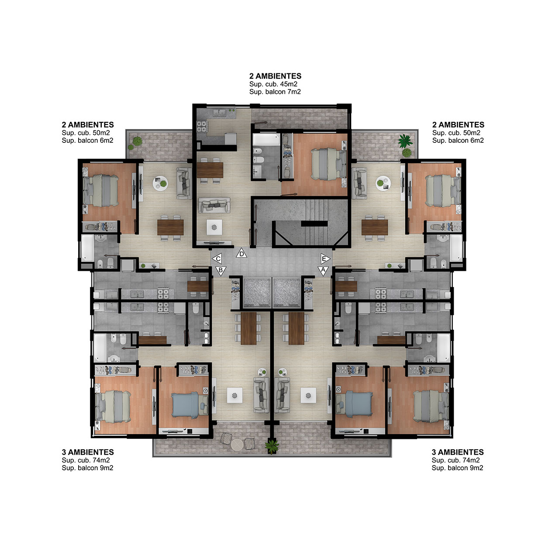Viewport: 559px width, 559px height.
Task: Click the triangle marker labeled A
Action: tap(323, 270)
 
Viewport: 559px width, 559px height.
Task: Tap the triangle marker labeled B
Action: tap(221, 270)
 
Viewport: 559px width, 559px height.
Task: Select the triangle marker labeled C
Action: tap(217, 258)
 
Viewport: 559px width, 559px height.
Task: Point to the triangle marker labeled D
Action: tap(242, 253)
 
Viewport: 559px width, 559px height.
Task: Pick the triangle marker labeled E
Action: tap(325, 258)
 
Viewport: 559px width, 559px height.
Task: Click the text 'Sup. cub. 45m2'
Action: tap(273, 84)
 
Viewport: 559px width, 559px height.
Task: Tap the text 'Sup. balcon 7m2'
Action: tap(275, 92)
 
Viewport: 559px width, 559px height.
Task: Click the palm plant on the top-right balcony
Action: tap(405, 141)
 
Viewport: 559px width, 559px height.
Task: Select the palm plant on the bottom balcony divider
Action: tap(272, 446)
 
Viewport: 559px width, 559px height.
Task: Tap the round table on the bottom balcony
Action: tap(237, 445)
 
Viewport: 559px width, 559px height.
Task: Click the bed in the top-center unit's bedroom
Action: tap(328, 164)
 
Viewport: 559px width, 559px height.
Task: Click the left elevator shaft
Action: tap(257, 292)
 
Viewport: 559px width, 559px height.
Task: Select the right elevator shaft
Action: tap(286, 292)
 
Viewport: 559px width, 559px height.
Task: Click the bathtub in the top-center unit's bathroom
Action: tap(266, 140)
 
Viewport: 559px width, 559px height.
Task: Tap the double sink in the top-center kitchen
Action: tap(220, 113)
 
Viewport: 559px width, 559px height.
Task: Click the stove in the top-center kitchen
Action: tap(202, 127)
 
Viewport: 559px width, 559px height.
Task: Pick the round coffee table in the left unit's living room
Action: tap(160, 183)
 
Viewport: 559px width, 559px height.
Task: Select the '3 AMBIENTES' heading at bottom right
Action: tap(458, 452)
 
